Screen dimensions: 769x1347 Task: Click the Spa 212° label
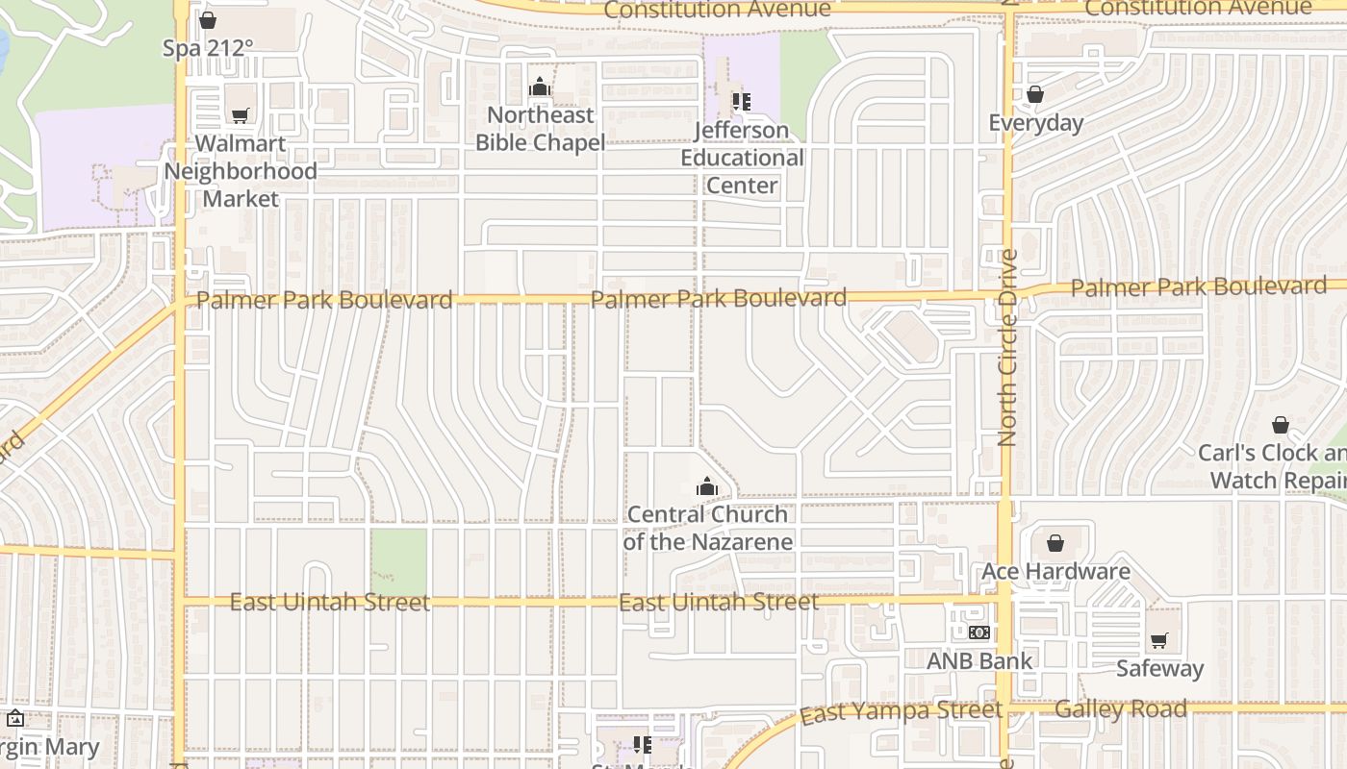coord(208,47)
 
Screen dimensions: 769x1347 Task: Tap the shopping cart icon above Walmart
coord(241,115)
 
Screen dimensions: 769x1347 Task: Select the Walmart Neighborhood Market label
coord(241,171)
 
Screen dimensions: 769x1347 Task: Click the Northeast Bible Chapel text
coord(541,129)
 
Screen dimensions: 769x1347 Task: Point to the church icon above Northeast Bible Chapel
coord(540,87)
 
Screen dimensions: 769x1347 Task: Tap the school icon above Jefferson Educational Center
coord(741,101)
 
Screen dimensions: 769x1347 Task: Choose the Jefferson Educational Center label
coord(742,158)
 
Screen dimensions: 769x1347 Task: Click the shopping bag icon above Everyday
coord(1035,94)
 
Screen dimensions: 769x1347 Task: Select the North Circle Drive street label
coord(1007,348)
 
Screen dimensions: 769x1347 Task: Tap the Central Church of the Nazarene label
coord(708,528)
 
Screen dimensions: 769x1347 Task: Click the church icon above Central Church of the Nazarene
coord(707,486)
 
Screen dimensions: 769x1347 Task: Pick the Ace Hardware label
coord(1055,571)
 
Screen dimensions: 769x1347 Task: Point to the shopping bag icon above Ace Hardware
coord(1055,543)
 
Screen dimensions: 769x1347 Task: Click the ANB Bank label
coord(979,660)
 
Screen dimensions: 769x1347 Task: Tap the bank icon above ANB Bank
coord(979,633)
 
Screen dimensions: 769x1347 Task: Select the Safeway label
coord(1159,668)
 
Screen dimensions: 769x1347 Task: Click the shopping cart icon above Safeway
coord(1159,640)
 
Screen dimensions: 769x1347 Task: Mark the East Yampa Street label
coord(901,712)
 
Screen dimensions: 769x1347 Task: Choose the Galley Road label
coord(1121,709)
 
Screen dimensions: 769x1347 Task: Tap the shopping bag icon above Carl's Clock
coord(1281,425)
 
